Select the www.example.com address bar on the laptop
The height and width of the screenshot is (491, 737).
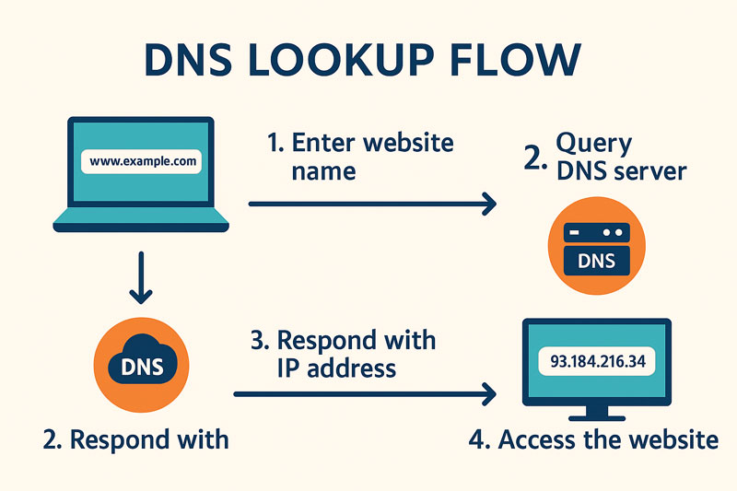144,161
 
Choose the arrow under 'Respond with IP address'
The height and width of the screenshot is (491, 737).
365,394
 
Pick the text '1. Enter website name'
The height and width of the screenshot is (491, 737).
359,156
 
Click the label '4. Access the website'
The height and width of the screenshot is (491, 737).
593,439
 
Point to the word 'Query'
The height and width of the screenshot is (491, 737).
594,143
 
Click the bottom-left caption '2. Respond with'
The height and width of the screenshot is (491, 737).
135,439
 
